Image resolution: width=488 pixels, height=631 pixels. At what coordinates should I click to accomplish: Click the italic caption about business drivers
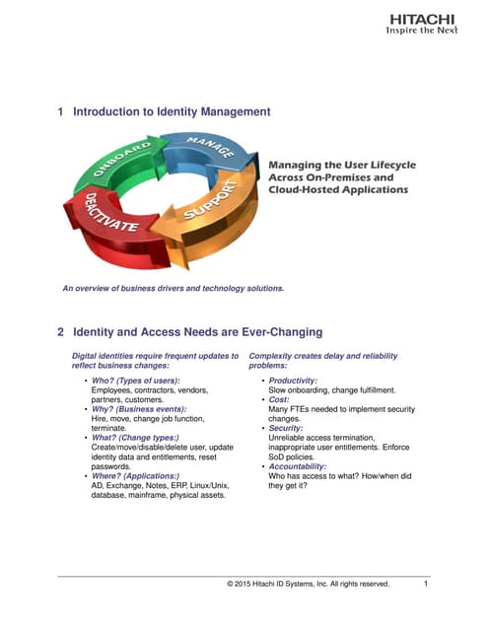(x=173, y=289)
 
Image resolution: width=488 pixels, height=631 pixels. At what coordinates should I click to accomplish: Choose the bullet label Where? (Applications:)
(x=136, y=475)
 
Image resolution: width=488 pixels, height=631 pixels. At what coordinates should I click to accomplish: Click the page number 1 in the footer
(x=425, y=584)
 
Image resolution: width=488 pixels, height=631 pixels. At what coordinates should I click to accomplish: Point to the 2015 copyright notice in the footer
(x=308, y=584)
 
